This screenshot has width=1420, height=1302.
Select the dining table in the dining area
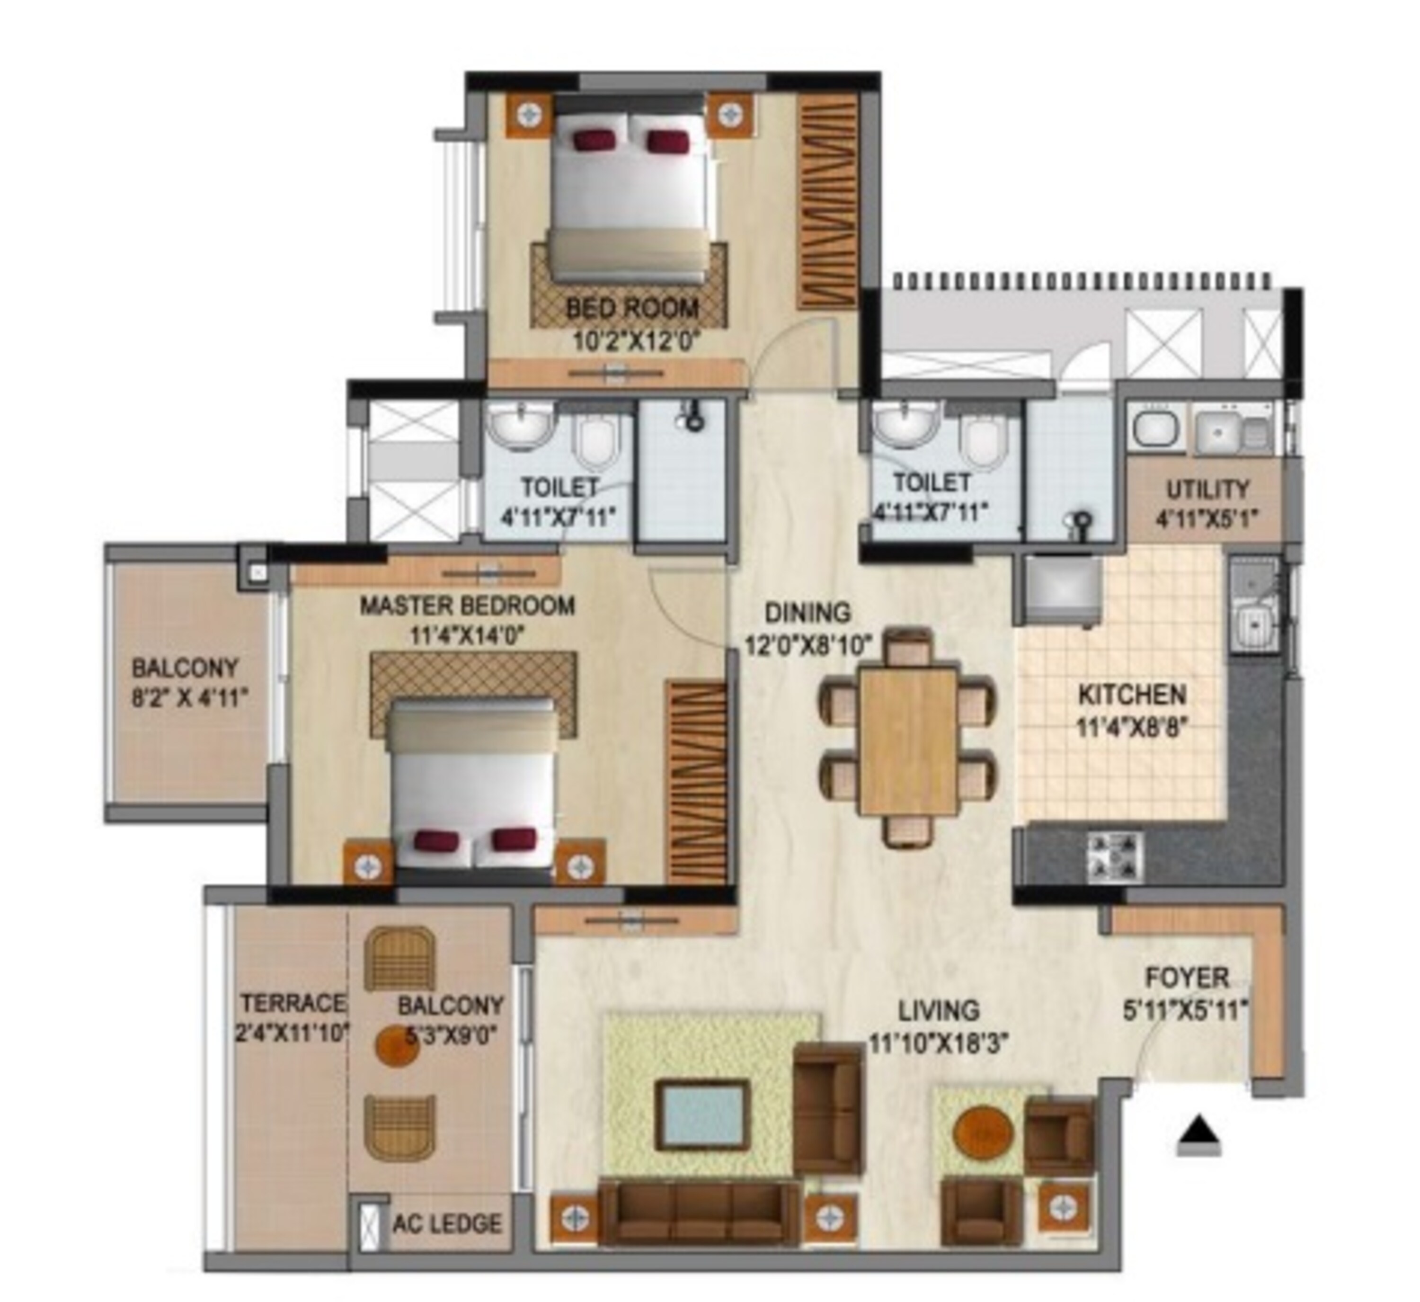click(908, 742)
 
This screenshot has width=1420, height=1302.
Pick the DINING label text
click(808, 613)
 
